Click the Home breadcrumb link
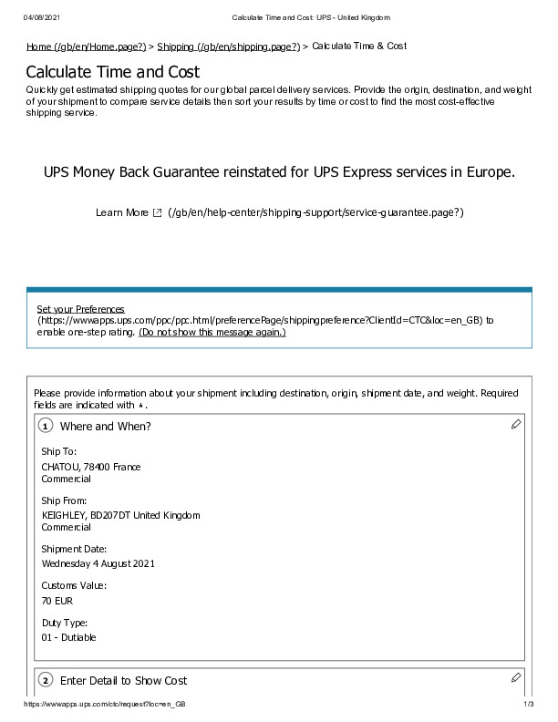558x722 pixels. (x=86, y=46)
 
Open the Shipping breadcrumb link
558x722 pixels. (x=228, y=46)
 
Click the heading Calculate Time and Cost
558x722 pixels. (x=112, y=72)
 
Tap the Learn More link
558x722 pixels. (x=121, y=212)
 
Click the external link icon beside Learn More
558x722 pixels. (x=158, y=212)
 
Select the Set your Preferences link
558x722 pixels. (x=80, y=309)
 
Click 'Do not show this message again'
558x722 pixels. (x=212, y=333)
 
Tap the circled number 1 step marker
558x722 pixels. (x=46, y=427)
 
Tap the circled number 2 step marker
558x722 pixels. (x=46, y=681)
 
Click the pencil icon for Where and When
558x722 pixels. (x=516, y=424)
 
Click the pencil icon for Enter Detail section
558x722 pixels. (x=516, y=677)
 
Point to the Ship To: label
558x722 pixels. (x=59, y=451)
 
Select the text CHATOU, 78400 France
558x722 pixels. (x=91, y=467)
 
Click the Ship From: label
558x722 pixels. (x=64, y=500)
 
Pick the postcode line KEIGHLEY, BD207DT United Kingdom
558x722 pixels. (x=120, y=515)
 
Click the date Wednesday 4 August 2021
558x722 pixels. (x=98, y=563)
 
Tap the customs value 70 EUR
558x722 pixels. (x=57, y=601)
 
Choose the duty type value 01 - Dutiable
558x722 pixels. (x=68, y=637)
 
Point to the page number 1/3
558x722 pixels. (x=528, y=706)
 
